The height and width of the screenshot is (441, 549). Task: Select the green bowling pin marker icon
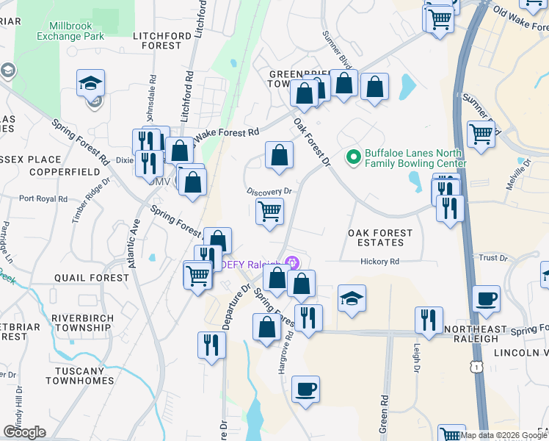[x=354, y=157]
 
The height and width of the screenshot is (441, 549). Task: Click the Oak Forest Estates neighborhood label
[x=380, y=237]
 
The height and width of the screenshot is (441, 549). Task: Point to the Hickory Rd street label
[x=379, y=261]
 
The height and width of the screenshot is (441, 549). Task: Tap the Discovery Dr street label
[x=269, y=191]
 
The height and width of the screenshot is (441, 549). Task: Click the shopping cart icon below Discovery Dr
[x=270, y=211]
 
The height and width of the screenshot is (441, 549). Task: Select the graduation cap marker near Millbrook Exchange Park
[x=90, y=83]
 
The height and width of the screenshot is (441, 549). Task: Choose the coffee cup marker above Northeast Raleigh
[x=487, y=299]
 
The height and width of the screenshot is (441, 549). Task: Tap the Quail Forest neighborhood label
[x=92, y=278]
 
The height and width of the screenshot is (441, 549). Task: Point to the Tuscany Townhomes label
[x=79, y=376]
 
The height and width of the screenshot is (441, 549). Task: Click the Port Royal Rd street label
[x=43, y=198]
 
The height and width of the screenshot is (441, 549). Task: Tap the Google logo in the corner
[x=24, y=431]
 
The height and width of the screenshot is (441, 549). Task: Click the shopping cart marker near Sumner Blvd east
[x=481, y=135]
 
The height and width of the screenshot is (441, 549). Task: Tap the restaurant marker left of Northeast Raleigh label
[x=427, y=320]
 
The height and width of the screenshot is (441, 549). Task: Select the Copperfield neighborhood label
[x=64, y=171]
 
